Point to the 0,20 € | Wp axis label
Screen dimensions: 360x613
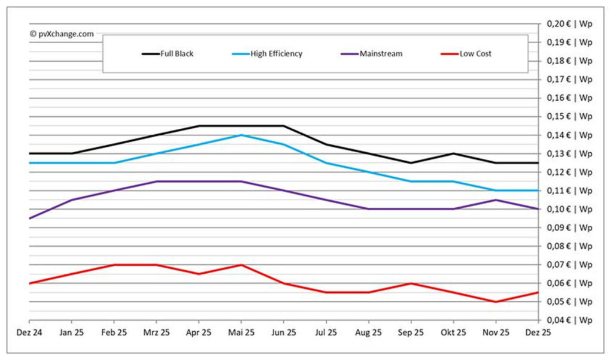569,24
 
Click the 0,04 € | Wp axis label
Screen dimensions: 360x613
569,320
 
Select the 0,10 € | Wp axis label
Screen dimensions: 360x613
569,209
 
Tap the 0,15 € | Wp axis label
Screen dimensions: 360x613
569,116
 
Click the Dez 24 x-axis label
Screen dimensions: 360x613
29,332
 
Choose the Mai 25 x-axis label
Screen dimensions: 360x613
241,332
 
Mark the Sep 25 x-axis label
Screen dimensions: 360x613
411,332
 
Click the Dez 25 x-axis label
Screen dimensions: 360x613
538,332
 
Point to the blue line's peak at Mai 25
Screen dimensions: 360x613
241,135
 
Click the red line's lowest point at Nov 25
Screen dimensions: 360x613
495,301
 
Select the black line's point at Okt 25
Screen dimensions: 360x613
453,153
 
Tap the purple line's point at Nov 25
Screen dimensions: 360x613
495,199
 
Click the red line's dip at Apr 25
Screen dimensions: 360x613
199,274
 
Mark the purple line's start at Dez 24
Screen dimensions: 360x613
29,218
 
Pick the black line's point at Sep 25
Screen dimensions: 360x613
411,162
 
